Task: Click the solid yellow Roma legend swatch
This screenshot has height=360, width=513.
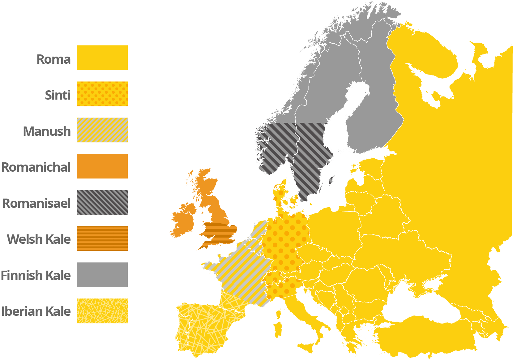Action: (102, 58)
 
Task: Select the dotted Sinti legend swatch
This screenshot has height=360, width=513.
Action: (102, 94)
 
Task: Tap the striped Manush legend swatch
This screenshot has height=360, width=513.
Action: (102, 130)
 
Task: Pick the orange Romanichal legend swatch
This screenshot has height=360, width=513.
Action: (102, 166)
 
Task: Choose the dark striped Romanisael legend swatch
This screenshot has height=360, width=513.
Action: (102, 202)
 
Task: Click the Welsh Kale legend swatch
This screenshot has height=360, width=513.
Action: (102, 238)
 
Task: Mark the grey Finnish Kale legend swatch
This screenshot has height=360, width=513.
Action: (102, 275)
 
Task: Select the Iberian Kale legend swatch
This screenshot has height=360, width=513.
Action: (102, 311)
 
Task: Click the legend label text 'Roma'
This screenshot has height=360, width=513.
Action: (53, 59)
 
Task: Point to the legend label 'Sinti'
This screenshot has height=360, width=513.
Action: (58, 95)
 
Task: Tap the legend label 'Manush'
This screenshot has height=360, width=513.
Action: (47, 131)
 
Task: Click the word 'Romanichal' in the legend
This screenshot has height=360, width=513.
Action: (36, 167)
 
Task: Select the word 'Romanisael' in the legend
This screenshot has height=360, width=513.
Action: (36, 203)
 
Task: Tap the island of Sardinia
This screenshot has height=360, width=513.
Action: (278, 329)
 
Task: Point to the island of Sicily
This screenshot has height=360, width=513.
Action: (308, 347)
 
